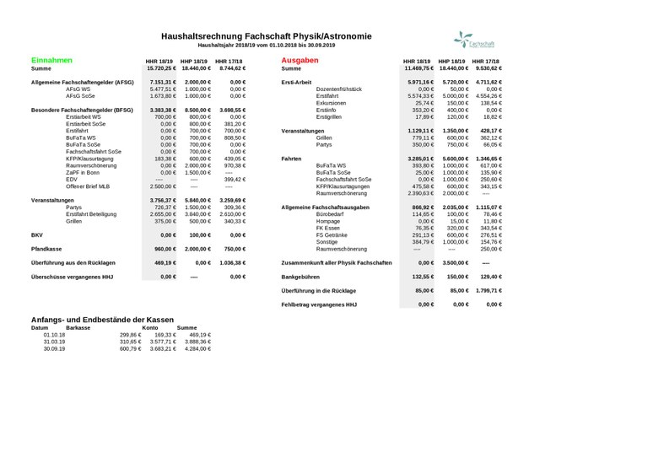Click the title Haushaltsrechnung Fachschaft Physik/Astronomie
(x=266, y=36)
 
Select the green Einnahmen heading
(x=51, y=61)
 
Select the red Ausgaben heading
(x=300, y=61)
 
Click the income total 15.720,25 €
(x=160, y=68)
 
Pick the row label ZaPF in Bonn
(x=83, y=171)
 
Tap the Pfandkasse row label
(x=49, y=249)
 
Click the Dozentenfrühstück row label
(x=339, y=89)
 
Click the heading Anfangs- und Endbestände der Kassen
(x=102, y=320)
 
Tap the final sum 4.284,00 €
(x=192, y=348)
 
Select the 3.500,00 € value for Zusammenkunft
(x=453, y=262)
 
